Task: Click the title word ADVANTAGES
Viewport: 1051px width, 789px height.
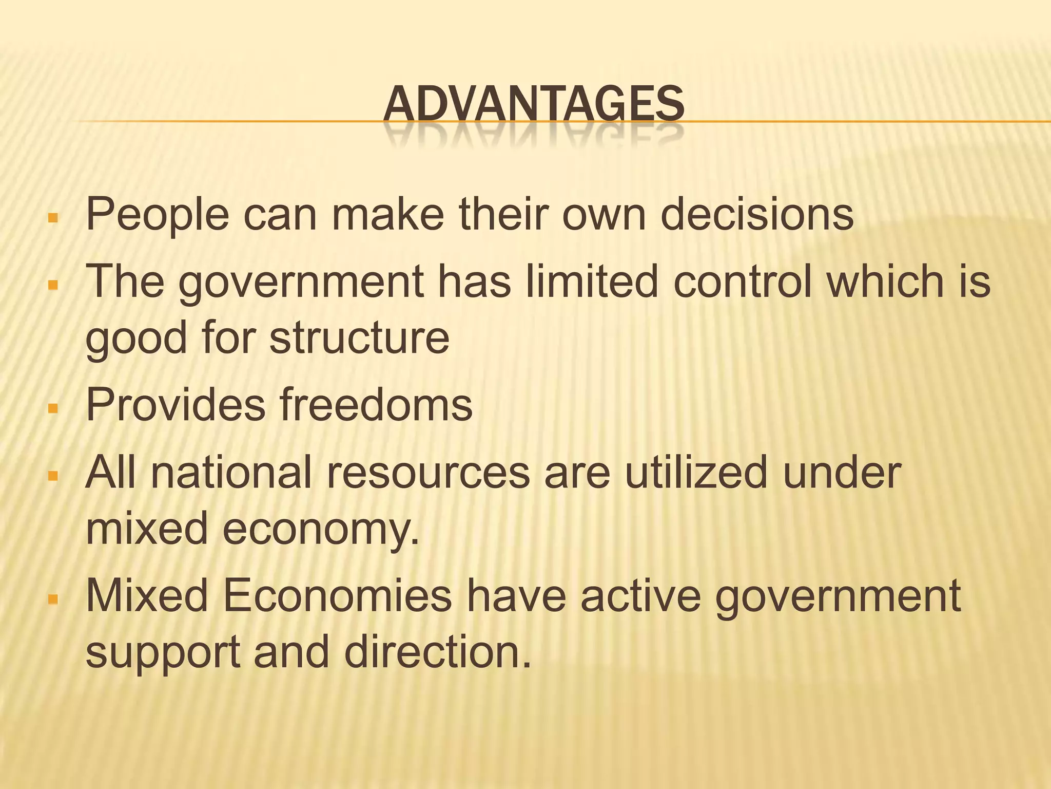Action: coord(533,104)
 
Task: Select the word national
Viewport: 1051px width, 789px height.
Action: coord(231,472)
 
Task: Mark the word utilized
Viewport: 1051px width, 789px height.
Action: coord(695,472)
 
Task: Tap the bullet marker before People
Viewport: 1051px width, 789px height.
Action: coord(52,218)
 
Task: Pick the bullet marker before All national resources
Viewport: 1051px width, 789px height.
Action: coord(52,477)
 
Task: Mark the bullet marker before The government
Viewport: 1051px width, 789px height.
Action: coord(52,285)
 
